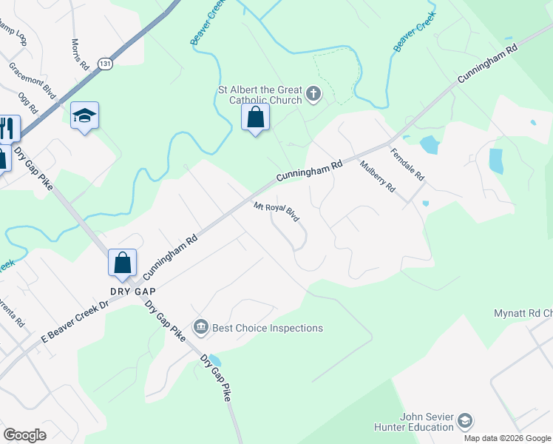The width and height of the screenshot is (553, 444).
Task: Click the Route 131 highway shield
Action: point(105,64)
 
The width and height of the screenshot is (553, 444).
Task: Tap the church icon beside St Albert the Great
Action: point(313,94)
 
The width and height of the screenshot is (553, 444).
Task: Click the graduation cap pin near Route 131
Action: point(84,115)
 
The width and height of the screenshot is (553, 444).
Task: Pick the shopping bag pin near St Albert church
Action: point(255,117)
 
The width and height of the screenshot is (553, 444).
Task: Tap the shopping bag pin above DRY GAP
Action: point(122,262)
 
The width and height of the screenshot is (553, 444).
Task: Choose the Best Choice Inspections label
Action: point(268,328)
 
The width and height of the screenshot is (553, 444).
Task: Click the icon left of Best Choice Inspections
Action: point(200,327)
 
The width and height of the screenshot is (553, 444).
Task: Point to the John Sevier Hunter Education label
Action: point(427,422)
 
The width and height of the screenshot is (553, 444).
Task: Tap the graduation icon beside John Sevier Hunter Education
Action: point(465,421)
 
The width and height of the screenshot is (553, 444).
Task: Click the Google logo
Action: point(24,435)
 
